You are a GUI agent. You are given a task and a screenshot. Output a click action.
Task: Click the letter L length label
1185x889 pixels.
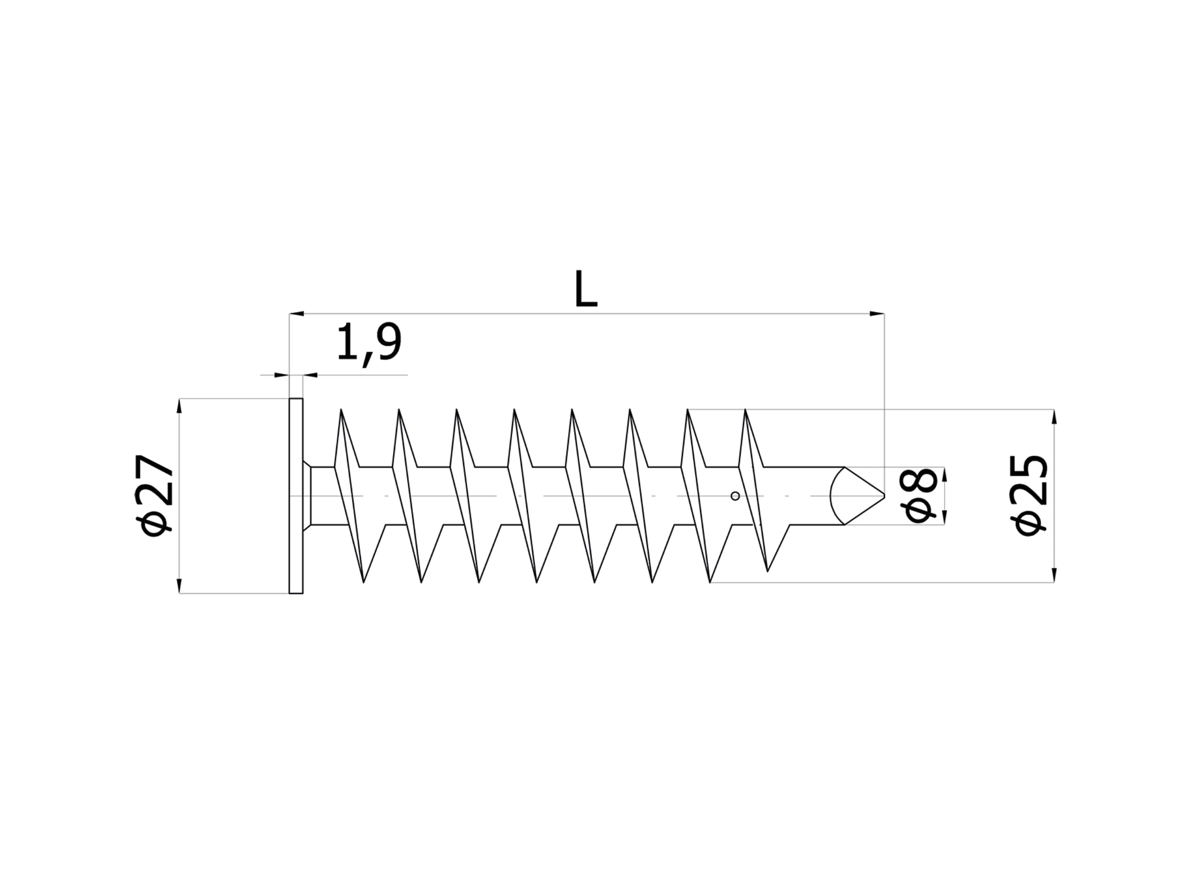click(x=586, y=289)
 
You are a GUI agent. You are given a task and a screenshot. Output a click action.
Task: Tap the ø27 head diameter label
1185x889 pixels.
click(x=154, y=496)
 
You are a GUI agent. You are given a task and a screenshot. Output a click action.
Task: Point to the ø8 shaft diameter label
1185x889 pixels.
click(x=921, y=496)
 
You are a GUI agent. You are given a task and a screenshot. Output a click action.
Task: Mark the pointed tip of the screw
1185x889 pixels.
click(x=884, y=496)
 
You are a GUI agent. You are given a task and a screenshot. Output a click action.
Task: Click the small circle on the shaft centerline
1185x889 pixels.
click(x=736, y=496)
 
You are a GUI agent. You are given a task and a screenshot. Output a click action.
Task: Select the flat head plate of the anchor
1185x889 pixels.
click(x=296, y=496)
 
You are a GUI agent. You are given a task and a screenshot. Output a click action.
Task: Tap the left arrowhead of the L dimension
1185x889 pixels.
click(x=297, y=314)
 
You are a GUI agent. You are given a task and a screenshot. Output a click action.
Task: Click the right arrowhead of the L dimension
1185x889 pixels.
click(x=877, y=314)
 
